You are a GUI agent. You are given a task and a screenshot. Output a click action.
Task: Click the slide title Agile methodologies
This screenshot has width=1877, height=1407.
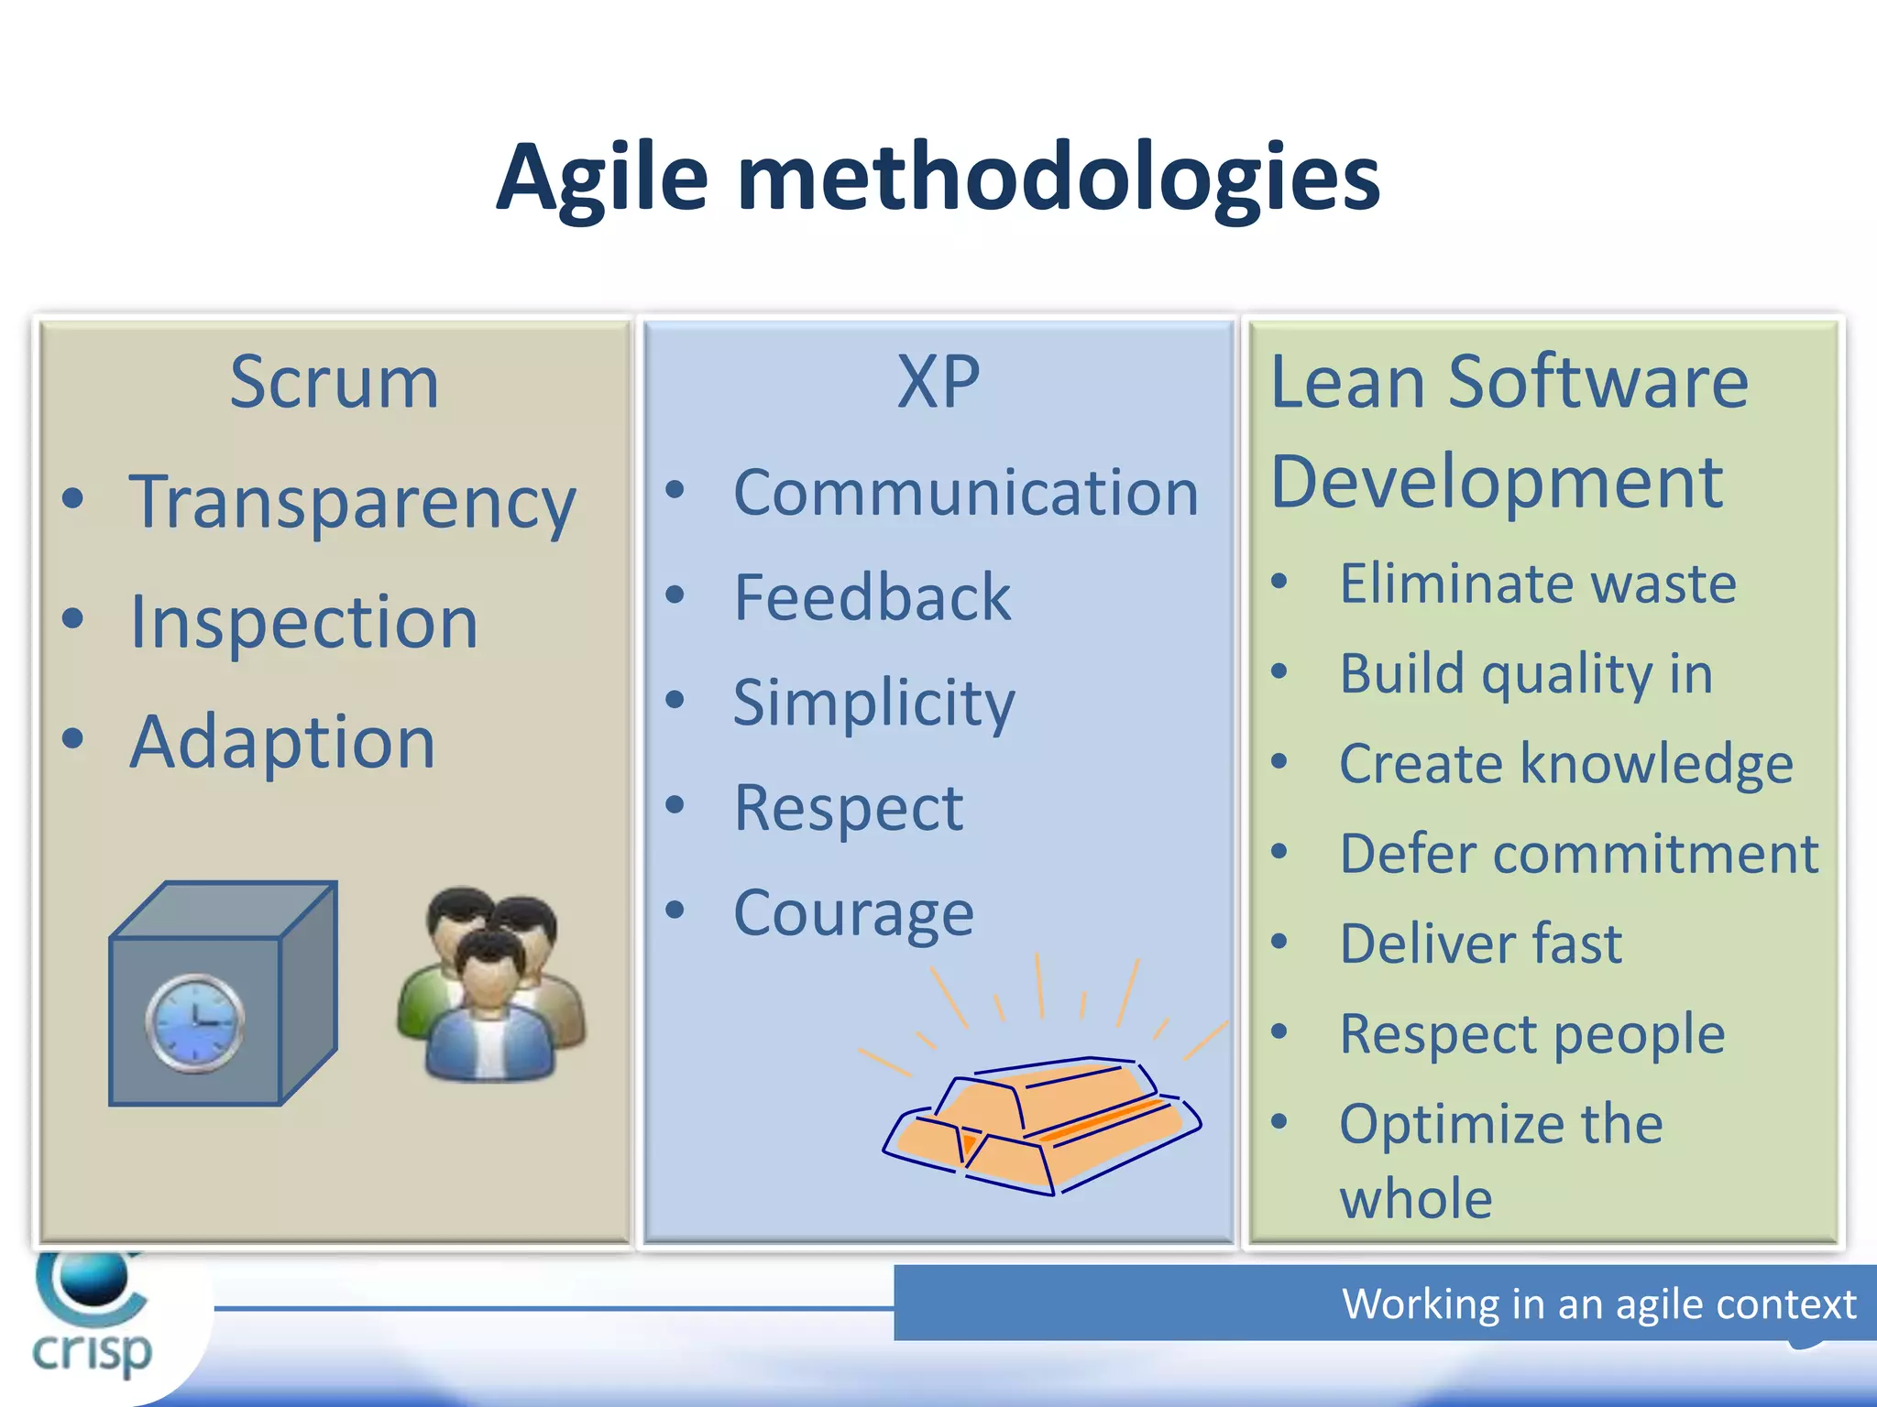pyautogui.click(x=938, y=178)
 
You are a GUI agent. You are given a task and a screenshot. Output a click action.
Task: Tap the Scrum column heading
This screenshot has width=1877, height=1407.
pyautogui.click(x=334, y=382)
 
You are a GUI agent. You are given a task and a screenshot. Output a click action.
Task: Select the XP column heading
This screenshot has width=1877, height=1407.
pyautogui.click(x=938, y=382)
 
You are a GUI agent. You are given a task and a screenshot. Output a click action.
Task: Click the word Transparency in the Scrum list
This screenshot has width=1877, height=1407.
pyautogui.click(x=352, y=503)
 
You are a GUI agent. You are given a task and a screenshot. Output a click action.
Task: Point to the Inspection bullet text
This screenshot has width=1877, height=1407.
pyautogui.click(x=303, y=622)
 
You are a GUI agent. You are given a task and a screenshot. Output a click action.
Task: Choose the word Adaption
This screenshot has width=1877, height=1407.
pyautogui.click(x=282, y=741)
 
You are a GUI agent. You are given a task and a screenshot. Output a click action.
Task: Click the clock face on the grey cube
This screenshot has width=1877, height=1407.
pyautogui.click(x=194, y=1022)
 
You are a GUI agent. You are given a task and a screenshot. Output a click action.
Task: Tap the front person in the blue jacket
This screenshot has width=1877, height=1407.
pyautogui.click(x=490, y=1017)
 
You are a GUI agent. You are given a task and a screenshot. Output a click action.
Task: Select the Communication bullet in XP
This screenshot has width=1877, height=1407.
pyautogui.click(x=965, y=494)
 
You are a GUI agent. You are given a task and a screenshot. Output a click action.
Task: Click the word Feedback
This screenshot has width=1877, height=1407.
pyautogui.click(x=872, y=598)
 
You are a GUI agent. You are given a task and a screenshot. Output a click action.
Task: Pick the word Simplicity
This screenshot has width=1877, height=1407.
pyautogui.click(x=873, y=703)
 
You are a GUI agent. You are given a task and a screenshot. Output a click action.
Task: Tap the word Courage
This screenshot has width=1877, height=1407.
pyautogui.click(x=852, y=913)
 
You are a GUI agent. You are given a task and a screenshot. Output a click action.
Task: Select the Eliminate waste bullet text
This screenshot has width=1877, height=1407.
pyautogui.click(x=1537, y=584)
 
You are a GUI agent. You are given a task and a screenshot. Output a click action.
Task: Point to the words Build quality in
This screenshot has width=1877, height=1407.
pyautogui.click(x=1525, y=674)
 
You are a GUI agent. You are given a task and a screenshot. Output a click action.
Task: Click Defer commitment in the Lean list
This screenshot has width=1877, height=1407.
pyautogui.click(x=1578, y=854)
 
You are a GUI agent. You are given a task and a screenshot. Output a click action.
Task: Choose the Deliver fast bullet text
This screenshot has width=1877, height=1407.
pyautogui.click(x=1480, y=943)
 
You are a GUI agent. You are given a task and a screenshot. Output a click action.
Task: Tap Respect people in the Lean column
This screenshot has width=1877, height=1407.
pyautogui.click(x=1531, y=1034)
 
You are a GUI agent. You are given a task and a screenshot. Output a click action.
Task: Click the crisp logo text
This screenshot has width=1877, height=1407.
pyautogui.click(x=92, y=1352)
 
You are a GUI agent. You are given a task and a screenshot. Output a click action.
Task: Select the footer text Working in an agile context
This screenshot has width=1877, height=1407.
pyautogui.click(x=1597, y=1303)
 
